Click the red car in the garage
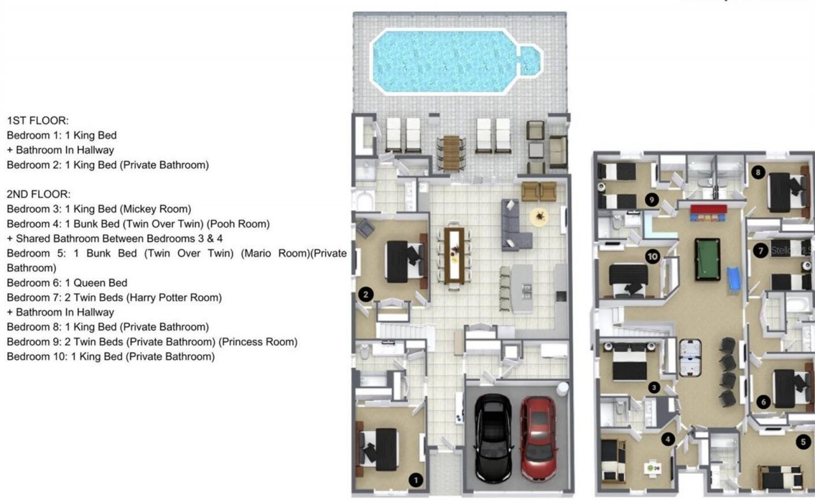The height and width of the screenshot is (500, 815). pos(538,438)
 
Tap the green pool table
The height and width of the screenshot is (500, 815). pos(707,259)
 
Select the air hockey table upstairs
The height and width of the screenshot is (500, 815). pos(694,357)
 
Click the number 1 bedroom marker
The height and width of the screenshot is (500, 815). pos(415,480)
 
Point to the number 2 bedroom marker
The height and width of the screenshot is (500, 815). pos(365,294)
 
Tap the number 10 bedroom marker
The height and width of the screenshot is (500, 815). pos(652,256)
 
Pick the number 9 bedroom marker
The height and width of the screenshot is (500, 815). pos(650,199)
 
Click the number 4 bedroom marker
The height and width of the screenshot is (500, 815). pos(667,439)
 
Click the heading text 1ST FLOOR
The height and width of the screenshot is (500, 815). pos(38,120)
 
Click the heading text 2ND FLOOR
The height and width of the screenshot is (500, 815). pos(39,194)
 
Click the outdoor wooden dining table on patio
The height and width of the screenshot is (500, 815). pos(451,152)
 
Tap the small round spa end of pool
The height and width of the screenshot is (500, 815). pos(529,60)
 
